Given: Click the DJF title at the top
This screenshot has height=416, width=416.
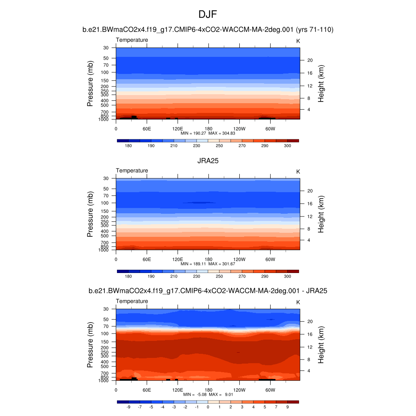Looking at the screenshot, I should pyautogui.click(x=208, y=15).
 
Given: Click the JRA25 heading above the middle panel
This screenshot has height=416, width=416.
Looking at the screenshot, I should pyautogui.click(x=208, y=160).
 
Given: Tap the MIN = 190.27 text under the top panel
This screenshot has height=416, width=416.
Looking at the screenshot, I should pyautogui.click(x=195, y=133).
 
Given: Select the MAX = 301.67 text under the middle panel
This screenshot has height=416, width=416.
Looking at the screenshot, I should pyautogui.click(x=222, y=264).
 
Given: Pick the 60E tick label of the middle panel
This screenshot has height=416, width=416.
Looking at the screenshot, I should pyautogui.click(x=147, y=259).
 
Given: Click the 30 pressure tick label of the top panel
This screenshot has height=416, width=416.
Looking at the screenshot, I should pyautogui.click(x=106, y=48).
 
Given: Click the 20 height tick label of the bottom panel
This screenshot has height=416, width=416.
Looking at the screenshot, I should pyautogui.click(x=309, y=321).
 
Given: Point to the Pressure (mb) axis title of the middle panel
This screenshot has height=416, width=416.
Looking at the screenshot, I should pyautogui.click(x=91, y=214).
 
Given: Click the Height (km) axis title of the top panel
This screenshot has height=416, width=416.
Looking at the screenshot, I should pyautogui.click(x=321, y=83).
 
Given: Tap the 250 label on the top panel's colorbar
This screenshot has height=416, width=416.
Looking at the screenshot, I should pyautogui.click(x=219, y=145).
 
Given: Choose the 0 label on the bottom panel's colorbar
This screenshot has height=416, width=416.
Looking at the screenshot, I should pyautogui.click(x=208, y=407).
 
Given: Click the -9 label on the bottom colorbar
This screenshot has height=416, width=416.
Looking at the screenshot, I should pyautogui.click(x=128, y=407).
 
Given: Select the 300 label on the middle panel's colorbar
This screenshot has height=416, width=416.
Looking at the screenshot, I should pyautogui.click(x=287, y=276).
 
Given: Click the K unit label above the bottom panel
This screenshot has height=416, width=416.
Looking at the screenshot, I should pyautogui.click(x=298, y=302).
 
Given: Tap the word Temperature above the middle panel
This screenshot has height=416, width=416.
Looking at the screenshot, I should pyautogui.click(x=132, y=171).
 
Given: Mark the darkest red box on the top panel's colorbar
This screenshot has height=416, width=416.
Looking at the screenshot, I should pyautogui.click(x=293, y=141).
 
